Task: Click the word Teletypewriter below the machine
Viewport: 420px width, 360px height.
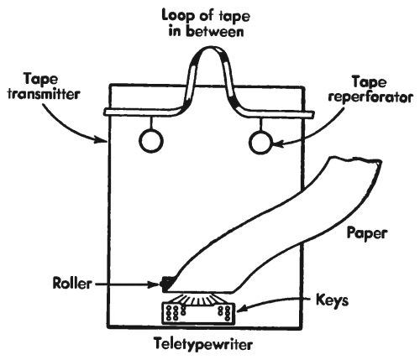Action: tap(203, 345)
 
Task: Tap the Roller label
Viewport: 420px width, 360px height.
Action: tap(72, 284)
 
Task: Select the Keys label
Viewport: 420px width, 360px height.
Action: tap(333, 300)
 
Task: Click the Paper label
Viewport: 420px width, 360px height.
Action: tap(367, 233)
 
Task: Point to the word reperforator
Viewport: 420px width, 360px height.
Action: tap(370, 98)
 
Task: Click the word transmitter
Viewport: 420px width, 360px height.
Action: tap(44, 94)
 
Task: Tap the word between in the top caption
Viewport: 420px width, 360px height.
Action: tap(215, 32)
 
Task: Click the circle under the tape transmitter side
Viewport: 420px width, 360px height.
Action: tap(151, 141)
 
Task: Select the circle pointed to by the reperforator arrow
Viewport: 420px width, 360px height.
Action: tap(260, 143)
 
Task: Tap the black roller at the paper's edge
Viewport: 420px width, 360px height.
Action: tap(167, 284)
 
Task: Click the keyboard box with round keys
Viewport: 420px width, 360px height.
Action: tap(198, 313)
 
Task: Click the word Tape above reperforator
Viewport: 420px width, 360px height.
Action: tap(370, 82)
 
